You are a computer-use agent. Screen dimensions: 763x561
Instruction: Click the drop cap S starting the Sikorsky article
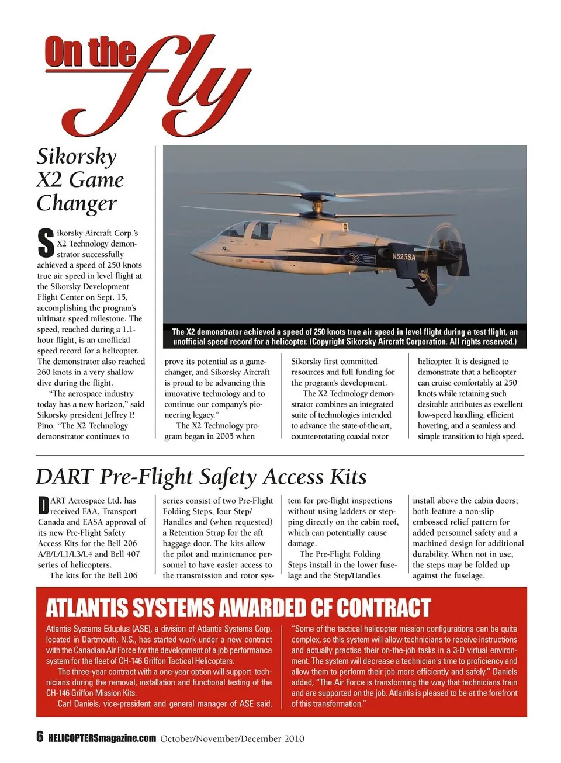coord(46,243)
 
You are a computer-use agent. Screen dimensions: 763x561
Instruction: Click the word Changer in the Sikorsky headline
coord(77,203)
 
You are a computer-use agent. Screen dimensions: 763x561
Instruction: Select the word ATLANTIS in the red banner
coord(88,608)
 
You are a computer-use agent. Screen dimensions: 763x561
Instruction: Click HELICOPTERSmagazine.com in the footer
coord(102,738)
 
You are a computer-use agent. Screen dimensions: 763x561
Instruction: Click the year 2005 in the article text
coord(220,436)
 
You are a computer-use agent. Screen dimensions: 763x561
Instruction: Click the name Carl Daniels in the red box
coord(78,703)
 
